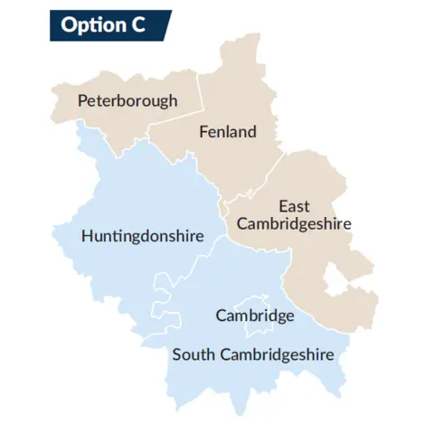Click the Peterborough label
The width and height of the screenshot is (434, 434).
[127, 100]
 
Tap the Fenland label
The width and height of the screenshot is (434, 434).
[227, 132]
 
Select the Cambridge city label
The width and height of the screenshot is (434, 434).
[255, 316]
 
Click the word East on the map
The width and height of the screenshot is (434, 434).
[295, 206]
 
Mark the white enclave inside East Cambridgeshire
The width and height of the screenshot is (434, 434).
[338, 280]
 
